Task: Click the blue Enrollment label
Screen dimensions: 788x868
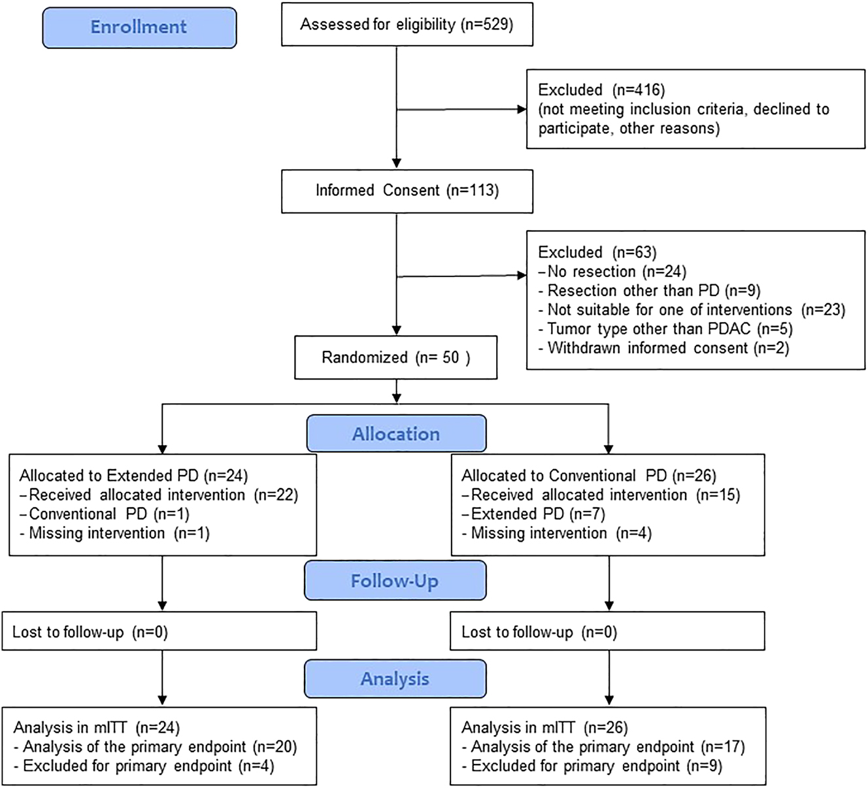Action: (139, 27)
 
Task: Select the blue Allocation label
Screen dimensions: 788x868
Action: (396, 434)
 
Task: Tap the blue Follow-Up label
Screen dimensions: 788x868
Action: (395, 581)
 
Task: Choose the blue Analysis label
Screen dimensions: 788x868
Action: (395, 679)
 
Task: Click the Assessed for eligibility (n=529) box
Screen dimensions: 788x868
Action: (407, 25)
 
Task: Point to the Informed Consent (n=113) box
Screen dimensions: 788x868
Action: (407, 191)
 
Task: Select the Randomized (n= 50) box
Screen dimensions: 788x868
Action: (395, 357)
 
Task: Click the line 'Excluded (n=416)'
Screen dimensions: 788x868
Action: (601, 90)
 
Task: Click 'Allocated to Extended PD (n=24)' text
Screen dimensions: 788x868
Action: (134, 476)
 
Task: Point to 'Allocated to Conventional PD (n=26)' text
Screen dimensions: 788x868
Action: (589, 476)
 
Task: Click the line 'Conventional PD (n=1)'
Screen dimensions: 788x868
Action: (108, 514)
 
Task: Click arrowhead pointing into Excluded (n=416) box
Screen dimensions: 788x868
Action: (522, 110)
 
